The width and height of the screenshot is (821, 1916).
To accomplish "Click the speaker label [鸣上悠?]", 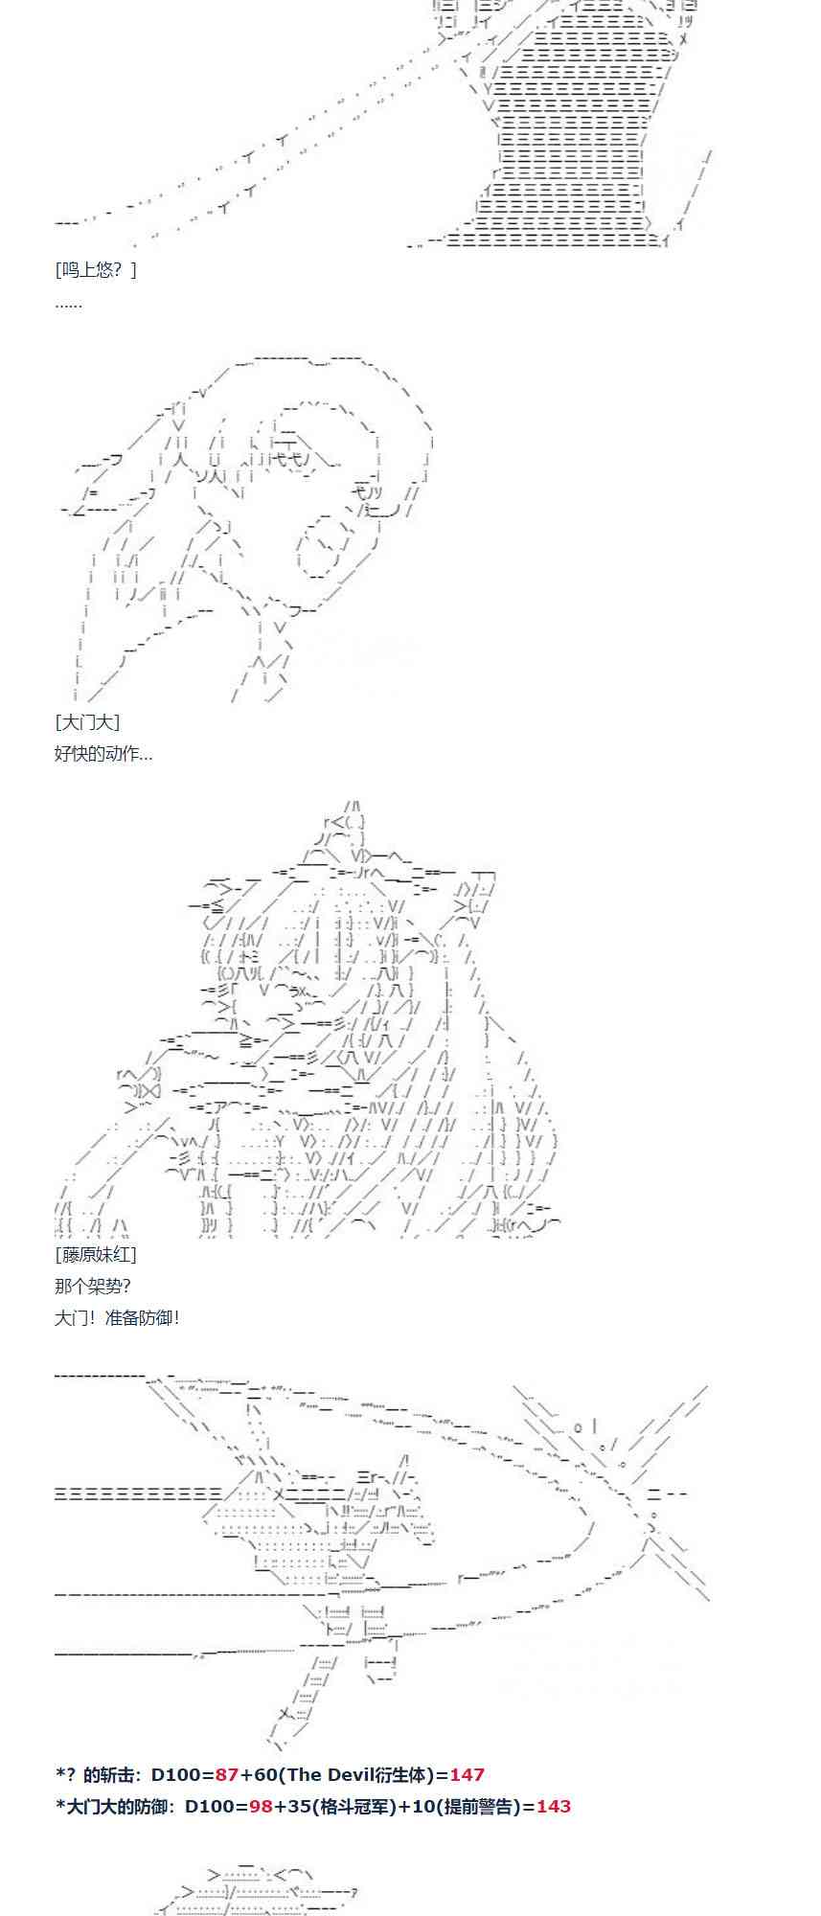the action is click(x=96, y=269).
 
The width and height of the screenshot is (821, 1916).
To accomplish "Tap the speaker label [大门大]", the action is click(x=87, y=722).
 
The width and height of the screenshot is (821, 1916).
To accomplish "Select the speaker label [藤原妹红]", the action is click(x=96, y=1254).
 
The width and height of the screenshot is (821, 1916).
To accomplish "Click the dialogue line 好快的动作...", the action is click(x=103, y=753).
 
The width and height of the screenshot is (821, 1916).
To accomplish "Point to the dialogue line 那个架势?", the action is click(x=92, y=1286).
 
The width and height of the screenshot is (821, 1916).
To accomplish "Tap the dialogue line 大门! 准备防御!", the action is click(x=117, y=1317).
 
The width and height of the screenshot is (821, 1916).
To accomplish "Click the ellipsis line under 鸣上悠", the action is click(x=69, y=304).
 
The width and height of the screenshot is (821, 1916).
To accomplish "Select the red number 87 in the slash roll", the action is click(x=226, y=1775).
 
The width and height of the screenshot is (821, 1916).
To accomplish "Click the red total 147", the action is click(x=467, y=1775).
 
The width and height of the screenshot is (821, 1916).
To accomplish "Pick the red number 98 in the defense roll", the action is click(x=261, y=1807).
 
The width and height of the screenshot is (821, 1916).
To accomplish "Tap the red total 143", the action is click(x=553, y=1807).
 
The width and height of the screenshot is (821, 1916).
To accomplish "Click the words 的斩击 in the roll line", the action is click(x=109, y=1775).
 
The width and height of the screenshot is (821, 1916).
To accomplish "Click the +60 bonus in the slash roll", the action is click(x=256, y=1775).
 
